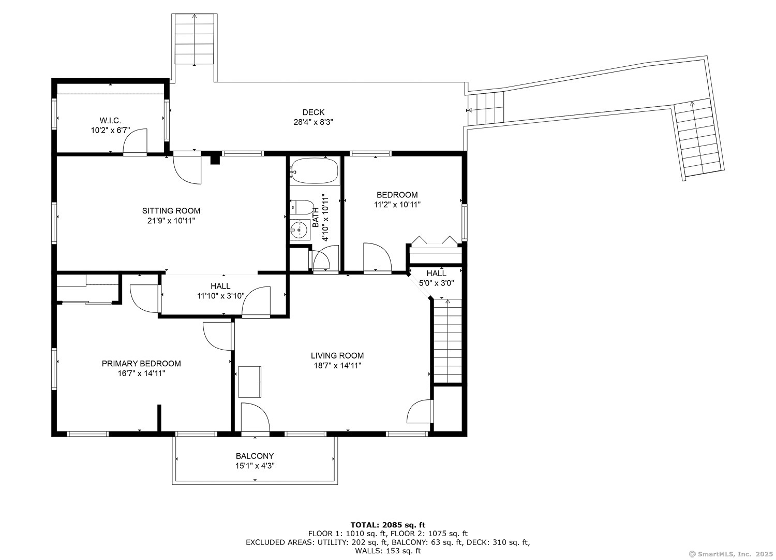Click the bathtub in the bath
coord(314,171)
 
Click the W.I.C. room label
coord(111,120)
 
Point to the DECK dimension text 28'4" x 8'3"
coord(313,122)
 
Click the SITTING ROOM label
coord(171,211)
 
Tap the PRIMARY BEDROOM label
coord(141,363)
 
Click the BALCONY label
coord(255,455)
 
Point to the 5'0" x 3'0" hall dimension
coord(437,283)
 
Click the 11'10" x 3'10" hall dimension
coord(221,296)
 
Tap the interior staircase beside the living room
coord(448,341)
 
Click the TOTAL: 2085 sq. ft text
coord(387,525)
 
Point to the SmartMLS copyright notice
coord(731,554)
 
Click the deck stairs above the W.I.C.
coord(195,39)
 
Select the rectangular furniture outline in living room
coord(250,382)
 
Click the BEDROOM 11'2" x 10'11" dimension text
coord(397,204)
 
